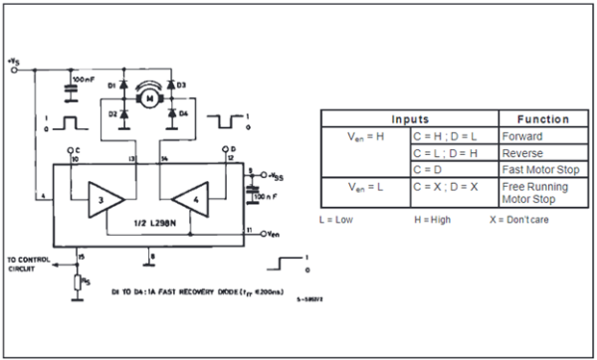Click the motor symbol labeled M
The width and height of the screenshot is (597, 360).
tap(147, 98)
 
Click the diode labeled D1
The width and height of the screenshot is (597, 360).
tap(124, 87)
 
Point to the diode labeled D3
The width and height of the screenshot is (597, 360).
tap(170, 87)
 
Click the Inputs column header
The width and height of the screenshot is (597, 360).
tap(408, 117)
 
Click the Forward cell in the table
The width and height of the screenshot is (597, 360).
tap(523, 136)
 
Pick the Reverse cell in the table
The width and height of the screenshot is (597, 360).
tap(522, 153)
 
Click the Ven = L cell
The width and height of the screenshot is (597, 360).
tap(364, 187)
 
